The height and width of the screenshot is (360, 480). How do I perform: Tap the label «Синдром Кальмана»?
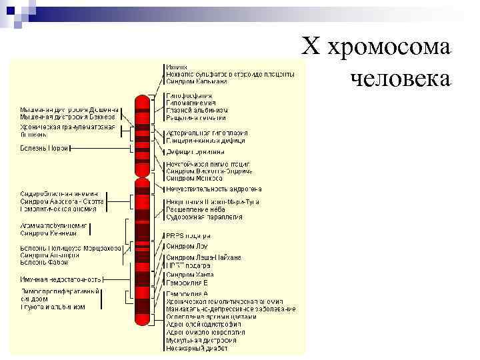tap(197, 82)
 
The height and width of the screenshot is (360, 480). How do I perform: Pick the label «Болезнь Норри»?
tap(45, 148)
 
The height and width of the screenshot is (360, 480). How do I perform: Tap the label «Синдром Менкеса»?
tap(194, 178)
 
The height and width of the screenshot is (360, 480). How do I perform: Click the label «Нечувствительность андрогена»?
tap(214, 189)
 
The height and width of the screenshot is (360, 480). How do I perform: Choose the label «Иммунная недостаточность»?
tap(61, 279)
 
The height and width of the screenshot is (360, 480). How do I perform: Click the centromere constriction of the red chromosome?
tap(142, 175)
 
